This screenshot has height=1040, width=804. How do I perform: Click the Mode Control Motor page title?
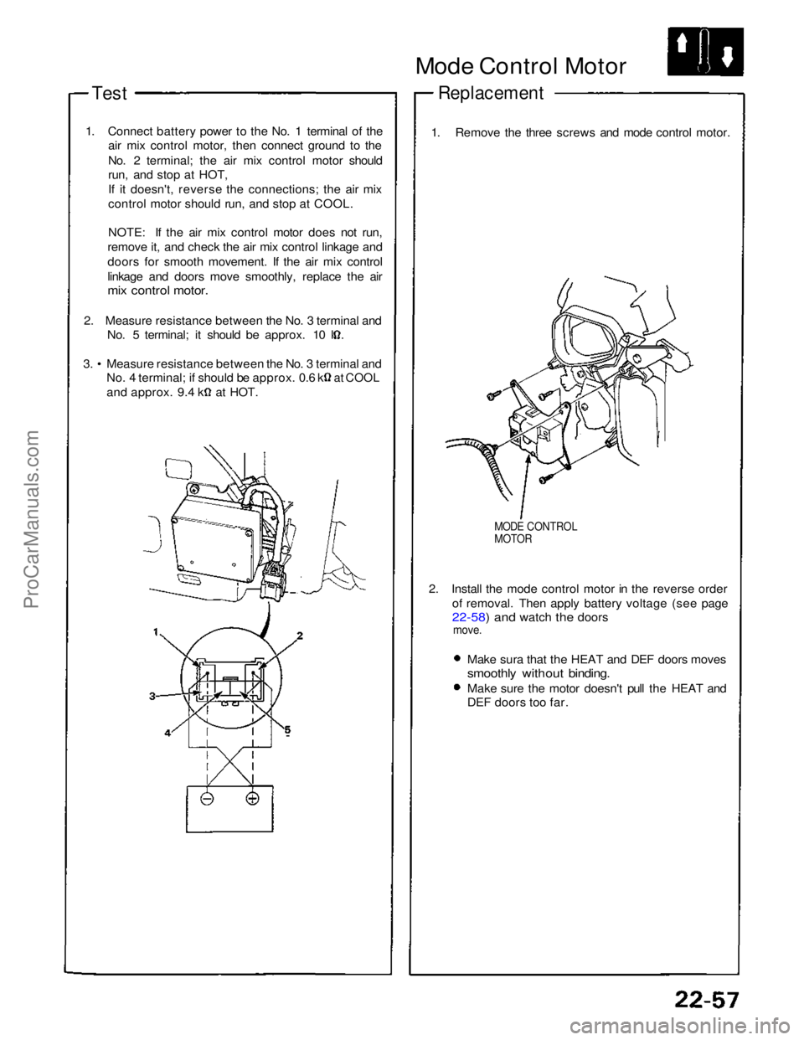520,66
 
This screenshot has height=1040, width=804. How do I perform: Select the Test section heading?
110,93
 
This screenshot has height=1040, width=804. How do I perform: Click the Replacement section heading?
491,93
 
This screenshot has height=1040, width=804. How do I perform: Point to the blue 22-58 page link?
468,617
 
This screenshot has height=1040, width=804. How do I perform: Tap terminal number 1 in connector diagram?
157,632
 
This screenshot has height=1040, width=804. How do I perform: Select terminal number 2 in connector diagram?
299,635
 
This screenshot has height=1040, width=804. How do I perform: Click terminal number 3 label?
153,695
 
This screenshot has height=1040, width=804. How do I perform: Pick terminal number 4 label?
167,732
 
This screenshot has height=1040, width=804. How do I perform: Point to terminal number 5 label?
286,730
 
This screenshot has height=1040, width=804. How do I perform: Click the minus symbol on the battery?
207,799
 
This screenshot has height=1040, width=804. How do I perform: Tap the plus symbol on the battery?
252,799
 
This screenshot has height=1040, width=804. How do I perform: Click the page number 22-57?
708,1000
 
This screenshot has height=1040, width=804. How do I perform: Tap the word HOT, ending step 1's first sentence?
214,176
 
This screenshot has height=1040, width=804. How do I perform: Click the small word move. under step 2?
466,630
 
